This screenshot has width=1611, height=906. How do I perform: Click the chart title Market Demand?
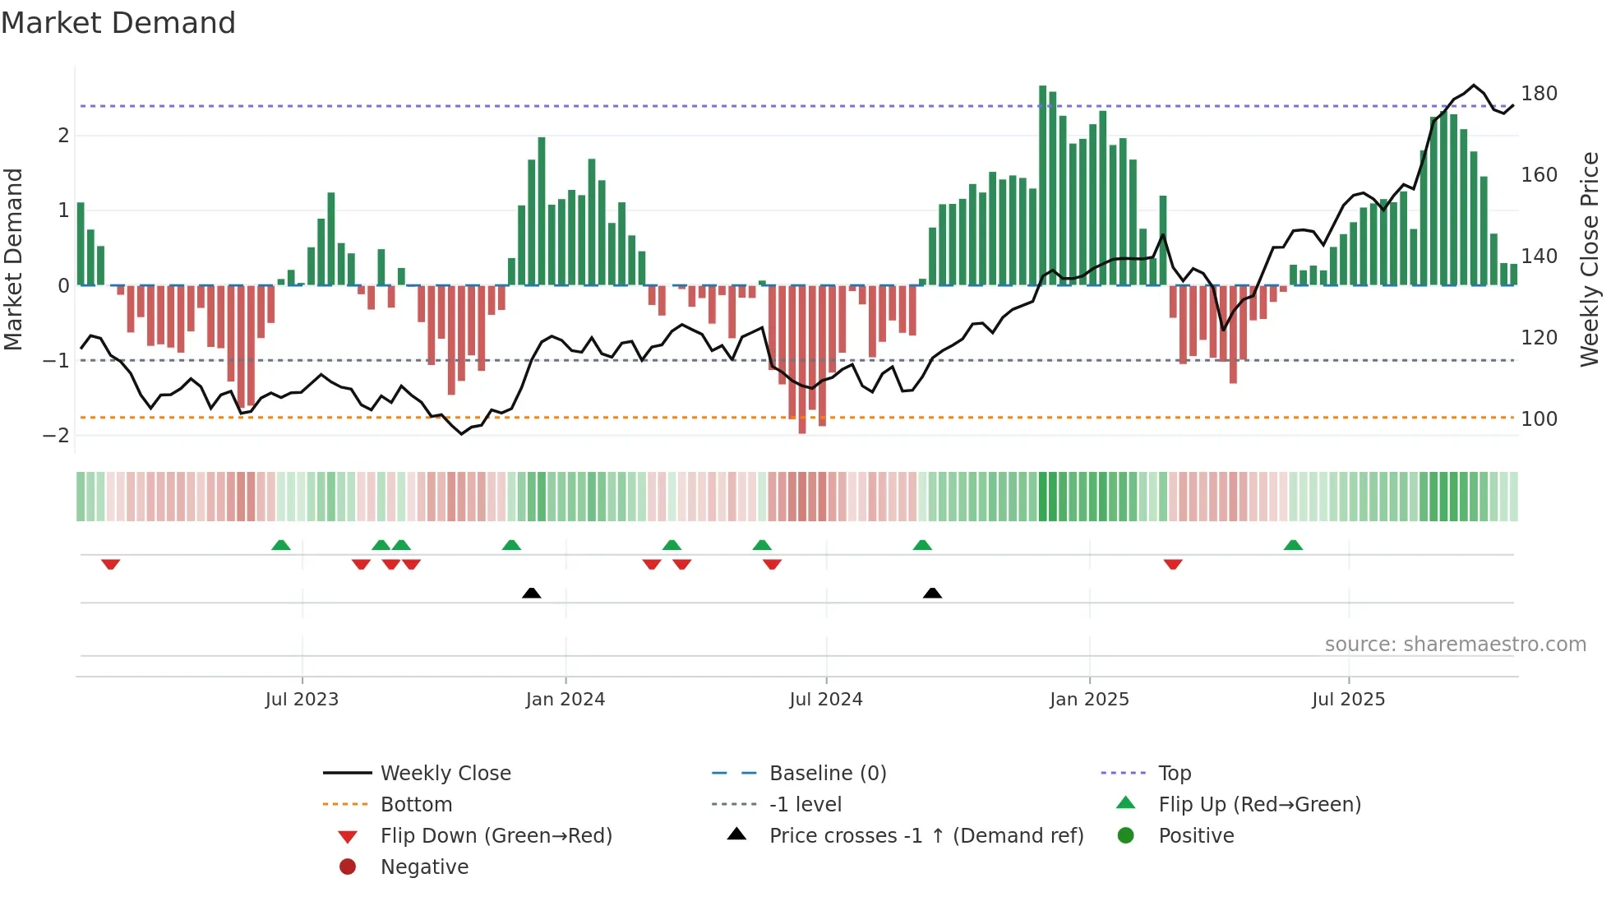118,23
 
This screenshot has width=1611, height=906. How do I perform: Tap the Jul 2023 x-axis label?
302,700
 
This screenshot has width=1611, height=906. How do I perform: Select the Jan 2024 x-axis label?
565,700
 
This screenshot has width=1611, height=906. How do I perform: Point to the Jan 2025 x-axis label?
1089,700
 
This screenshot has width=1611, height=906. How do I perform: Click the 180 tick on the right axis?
1539,94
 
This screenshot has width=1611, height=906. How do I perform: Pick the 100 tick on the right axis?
1539,419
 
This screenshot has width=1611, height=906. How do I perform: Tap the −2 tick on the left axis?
56,436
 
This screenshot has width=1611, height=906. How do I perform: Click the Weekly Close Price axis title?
1590,259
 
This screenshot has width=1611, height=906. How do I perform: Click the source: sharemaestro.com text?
1455,645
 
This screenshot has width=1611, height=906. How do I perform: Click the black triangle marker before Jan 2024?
532,593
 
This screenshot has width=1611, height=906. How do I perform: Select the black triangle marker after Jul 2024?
932,593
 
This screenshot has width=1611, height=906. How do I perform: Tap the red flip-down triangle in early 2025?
1173,564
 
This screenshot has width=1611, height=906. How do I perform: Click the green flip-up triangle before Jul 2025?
1293,545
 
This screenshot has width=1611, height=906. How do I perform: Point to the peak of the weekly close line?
1474,86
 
